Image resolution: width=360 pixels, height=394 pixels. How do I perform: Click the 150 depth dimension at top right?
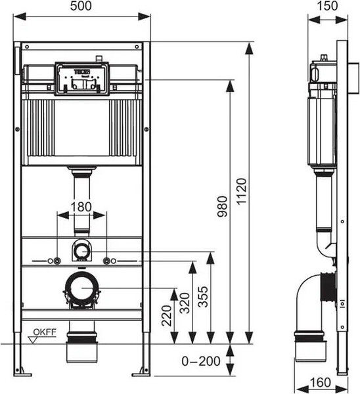coord(323,6)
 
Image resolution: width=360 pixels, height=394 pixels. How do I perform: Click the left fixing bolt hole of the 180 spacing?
coord(58,261)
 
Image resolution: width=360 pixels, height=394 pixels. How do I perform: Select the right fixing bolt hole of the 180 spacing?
coord(106,261)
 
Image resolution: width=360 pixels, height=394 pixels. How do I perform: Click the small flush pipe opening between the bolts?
coord(82,250)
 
